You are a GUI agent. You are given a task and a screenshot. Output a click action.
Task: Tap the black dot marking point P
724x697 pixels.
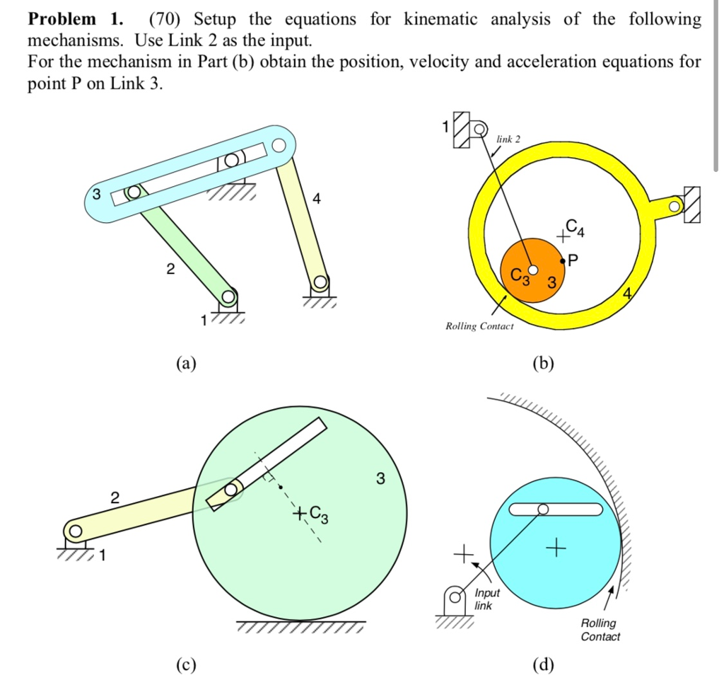click(564, 261)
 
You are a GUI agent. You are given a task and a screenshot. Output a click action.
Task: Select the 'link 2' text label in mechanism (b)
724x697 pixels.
click(508, 139)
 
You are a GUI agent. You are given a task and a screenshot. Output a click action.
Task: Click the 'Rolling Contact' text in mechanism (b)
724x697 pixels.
click(479, 326)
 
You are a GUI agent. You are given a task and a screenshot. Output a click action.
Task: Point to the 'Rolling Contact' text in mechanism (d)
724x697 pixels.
click(600, 630)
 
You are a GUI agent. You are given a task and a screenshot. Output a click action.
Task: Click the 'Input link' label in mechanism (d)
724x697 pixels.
click(486, 599)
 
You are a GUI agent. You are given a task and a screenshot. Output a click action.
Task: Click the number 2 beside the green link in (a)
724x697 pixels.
click(168, 269)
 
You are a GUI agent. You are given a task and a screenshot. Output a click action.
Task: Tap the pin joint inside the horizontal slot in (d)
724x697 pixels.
click(543, 509)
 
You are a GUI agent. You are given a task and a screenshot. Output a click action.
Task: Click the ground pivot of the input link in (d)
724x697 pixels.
click(457, 598)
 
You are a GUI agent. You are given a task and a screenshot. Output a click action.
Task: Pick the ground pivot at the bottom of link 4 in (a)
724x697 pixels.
click(320, 282)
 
